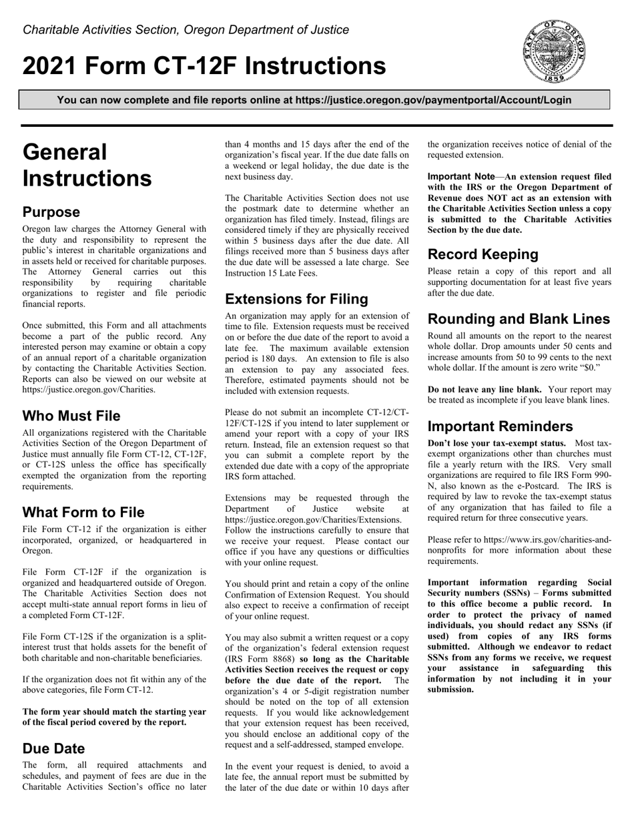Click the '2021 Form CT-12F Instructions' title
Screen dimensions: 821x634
pos(204,66)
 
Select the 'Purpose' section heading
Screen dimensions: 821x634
pos(51,212)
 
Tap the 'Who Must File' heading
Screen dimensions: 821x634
pos(71,416)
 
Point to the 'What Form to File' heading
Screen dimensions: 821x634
pos(83,513)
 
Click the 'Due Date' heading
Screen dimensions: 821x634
pos(54,748)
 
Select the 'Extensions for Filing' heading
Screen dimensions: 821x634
pos(296,298)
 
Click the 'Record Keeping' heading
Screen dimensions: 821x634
pos(483,254)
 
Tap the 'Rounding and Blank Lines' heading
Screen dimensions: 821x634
pos(519,319)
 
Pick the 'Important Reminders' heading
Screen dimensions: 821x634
pos(500,427)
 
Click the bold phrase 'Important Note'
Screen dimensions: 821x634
pos(461,177)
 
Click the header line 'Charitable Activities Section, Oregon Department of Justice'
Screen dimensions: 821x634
pos(186,30)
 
